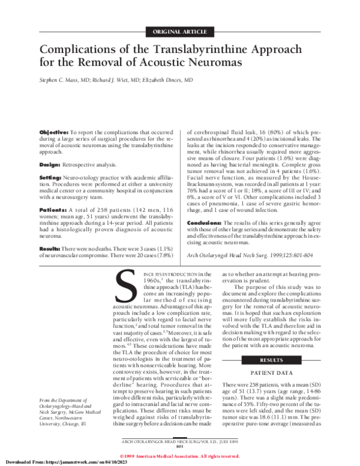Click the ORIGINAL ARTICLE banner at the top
180,31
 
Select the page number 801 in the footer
181,445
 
